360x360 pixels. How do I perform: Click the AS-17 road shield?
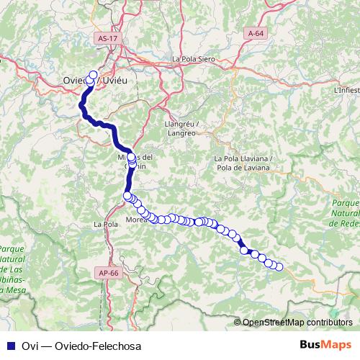(107, 38)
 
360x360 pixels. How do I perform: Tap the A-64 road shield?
(257, 33)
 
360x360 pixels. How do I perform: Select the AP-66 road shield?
(106, 273)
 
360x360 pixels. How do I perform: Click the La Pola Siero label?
(194, 59)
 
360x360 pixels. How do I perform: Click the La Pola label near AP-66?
(106, 225)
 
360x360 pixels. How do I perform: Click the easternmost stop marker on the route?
(279, 268)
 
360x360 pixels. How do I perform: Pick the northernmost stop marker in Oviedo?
(93, 74)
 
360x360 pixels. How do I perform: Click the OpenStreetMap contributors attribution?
(297, 323)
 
